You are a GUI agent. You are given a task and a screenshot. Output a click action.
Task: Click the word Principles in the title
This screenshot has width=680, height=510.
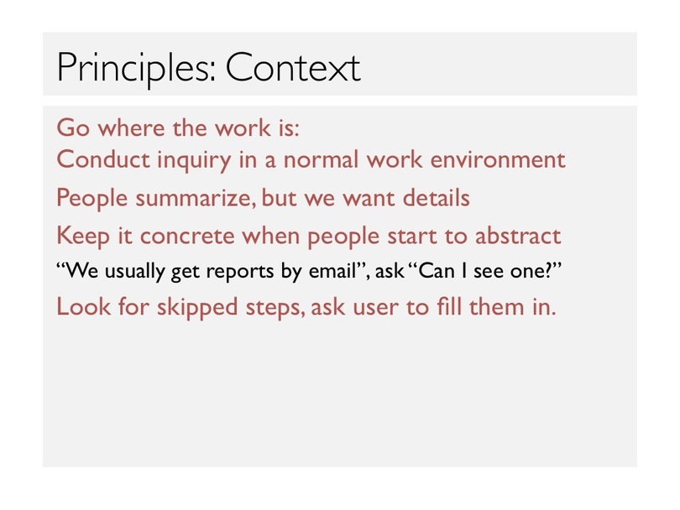coord(136,69)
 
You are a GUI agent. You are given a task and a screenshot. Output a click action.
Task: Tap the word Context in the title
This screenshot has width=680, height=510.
coord(293,67)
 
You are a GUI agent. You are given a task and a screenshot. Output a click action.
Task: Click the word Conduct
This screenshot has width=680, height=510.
coord(103,159)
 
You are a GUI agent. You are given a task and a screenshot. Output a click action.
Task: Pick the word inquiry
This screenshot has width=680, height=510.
coord(194,161)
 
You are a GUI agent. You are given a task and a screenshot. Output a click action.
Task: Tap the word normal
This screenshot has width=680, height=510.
coord(321,159)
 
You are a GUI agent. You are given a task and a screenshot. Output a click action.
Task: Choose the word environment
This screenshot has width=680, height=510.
coord(498,159)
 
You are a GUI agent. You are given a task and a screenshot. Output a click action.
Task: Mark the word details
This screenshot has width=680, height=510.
coord(437,198)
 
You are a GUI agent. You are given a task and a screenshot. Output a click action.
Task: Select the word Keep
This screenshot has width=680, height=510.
coord(83,237)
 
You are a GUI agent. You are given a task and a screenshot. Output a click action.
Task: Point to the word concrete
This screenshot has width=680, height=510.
coord(187,237)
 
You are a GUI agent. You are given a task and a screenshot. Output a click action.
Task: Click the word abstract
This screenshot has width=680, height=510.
coord(518,237)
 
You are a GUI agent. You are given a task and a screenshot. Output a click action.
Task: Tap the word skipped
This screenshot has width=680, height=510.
coord(197,309)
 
